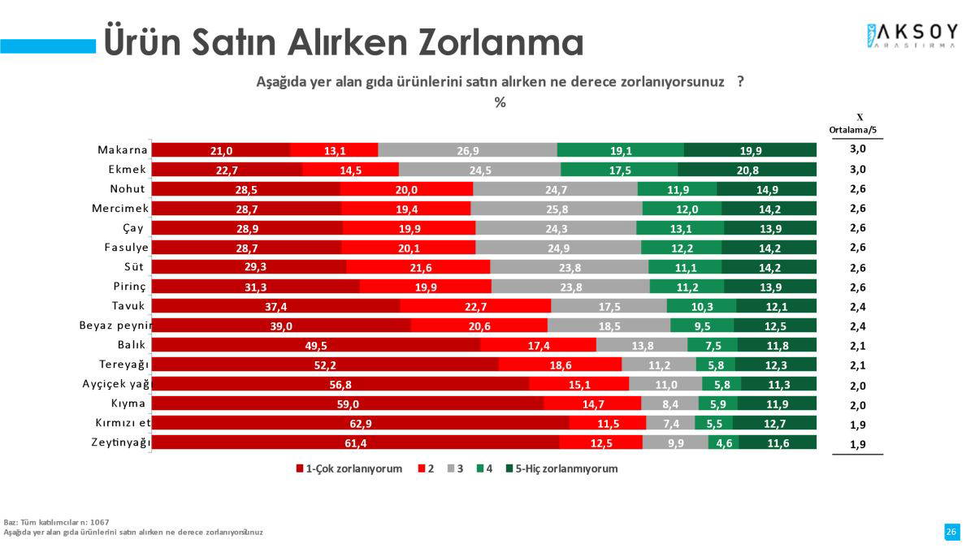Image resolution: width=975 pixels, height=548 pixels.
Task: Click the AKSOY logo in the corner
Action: (912, 37)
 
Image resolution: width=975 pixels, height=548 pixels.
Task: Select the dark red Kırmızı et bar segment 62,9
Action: (360, 423)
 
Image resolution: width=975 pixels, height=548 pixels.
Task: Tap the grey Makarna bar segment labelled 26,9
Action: (467, 150)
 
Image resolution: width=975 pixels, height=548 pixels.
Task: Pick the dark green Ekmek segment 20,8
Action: (747, 170)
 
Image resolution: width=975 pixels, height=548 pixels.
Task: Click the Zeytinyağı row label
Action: (121, 442)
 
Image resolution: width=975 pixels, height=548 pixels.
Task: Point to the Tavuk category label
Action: (128, 306)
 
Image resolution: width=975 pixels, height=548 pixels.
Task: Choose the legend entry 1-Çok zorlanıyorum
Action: (349, 469)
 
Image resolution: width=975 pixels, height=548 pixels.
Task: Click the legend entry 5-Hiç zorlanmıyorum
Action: (561, 469)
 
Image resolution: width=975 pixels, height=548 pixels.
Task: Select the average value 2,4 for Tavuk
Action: (858, 307)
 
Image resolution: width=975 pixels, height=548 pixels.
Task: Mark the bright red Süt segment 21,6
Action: (418, 267)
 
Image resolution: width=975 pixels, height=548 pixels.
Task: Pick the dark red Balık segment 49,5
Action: (316, 345)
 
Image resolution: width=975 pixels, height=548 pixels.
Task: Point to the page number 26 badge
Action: (951, 531)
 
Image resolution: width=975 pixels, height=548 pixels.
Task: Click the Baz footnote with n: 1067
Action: (57, 521)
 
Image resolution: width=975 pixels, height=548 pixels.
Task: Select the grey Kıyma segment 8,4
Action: (669, 403)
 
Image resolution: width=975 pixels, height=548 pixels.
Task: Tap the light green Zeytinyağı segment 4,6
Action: (722, 442)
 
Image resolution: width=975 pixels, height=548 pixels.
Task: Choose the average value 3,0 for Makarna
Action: (858, 150)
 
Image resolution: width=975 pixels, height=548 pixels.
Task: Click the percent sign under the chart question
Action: (500, 102)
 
